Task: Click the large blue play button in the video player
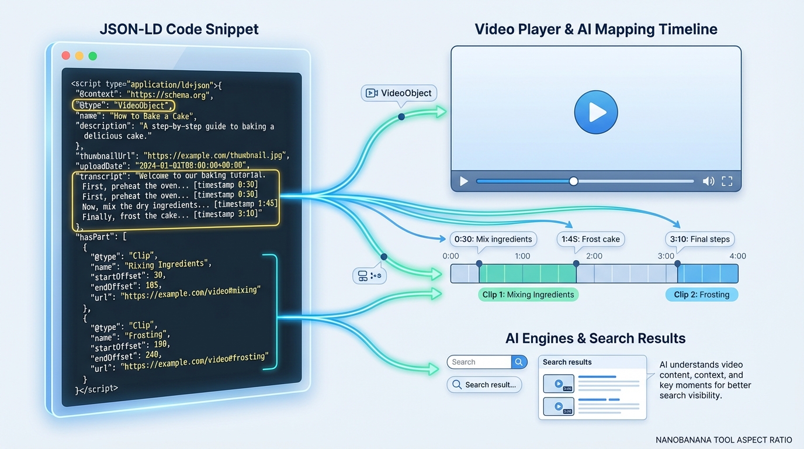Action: tap(595, 112)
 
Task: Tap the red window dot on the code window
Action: tap(66, 56)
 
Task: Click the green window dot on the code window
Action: tap(92, 56)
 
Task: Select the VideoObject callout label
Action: tap(399, 93)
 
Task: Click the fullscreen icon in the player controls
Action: tap(727, 181)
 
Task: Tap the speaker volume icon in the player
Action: tap(708, 181)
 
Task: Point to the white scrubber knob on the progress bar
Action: tap(573, 181)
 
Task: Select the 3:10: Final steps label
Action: tap(699, 239)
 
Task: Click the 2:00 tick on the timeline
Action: tap(594, 256)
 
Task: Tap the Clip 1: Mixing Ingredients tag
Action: tap(528, 295)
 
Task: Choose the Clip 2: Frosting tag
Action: tap(701, 295)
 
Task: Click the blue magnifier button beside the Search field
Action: tap(519, 362)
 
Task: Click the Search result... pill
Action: tap(484, 385)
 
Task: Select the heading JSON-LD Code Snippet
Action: tap(179, 29)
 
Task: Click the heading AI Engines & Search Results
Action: tap(595, 338)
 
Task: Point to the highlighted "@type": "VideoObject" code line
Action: tap(124, 105)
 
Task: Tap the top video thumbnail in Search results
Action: tap(558, 384)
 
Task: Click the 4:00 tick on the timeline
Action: tap(737, 256)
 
